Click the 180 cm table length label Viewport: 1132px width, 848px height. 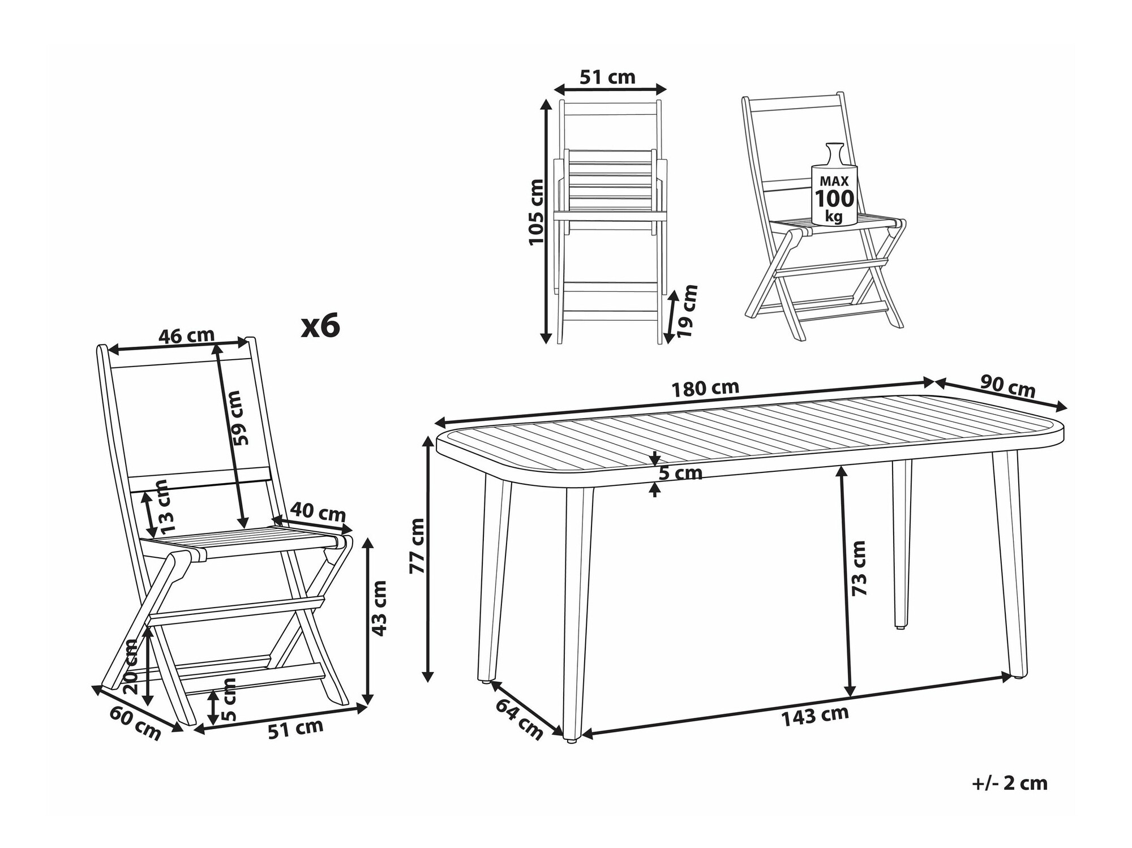[x=705, y=389]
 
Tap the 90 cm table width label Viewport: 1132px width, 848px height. [x=1007, y=387]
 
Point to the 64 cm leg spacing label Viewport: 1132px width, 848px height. [x=518, y=719]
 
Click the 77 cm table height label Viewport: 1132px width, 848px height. [x=417, y=546]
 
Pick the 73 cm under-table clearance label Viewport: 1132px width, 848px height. [x=859, y=567]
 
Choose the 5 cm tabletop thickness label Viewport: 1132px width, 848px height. [x=681, y=472]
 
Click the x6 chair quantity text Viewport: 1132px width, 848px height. [x=320, y=326]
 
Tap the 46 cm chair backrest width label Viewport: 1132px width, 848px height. [x=186, y=336]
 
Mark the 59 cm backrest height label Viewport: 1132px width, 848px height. [x=240, y=417]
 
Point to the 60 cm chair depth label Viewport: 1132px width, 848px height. [x=135, y=724]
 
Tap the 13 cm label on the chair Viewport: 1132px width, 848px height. [x=162, y=507]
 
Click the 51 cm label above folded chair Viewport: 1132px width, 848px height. [x=608, y=77]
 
